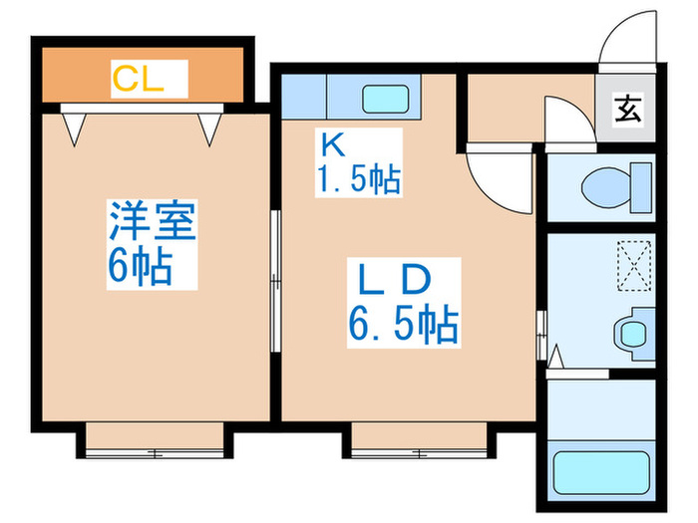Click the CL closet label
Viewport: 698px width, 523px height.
point(137,79)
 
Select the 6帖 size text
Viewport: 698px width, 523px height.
point(140,266)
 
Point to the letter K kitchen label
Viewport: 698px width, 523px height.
point(331,144)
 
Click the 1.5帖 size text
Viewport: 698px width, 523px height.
point(359,179)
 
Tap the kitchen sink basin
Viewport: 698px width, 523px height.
point(380,99)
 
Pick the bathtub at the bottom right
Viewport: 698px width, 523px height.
point(601,469)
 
